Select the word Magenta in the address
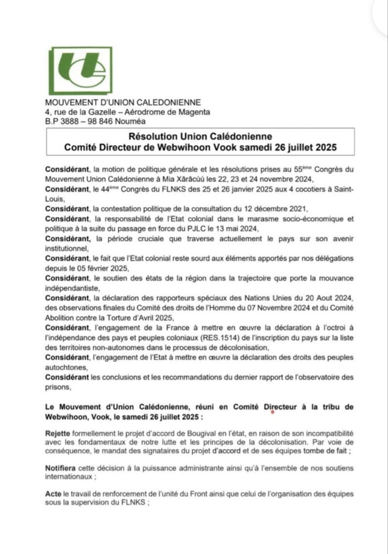point(196,112)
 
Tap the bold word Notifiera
point(61,469)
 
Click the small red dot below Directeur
point(273,412)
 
